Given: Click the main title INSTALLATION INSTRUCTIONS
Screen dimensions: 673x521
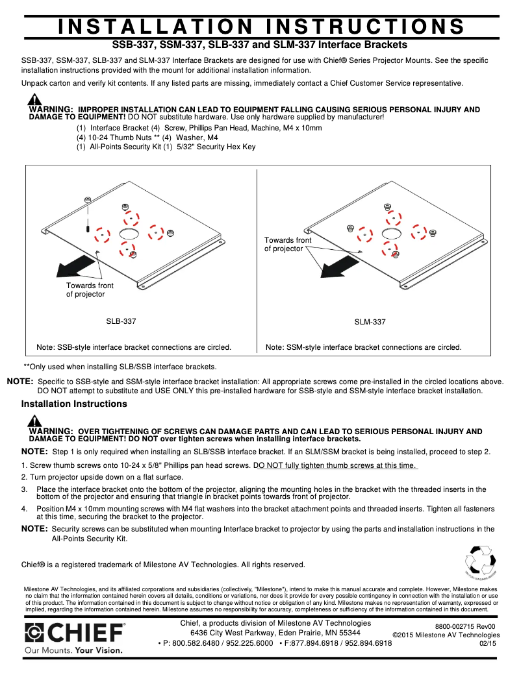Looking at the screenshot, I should [x=260, y=26].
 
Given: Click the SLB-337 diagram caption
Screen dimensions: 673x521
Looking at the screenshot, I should [x=121, y=321].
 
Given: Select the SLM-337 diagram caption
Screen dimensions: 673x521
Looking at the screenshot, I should [x=370, y=322].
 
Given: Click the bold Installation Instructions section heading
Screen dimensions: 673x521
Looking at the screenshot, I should [x=74, y=404].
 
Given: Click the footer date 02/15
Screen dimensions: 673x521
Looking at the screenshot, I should [x=488, y=643].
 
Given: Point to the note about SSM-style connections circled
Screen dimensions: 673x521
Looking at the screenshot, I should [x=363, y=347].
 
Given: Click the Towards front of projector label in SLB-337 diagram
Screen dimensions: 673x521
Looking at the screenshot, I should [x=89, y=290].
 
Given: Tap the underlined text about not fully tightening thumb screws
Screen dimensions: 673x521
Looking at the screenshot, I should [x=335, y=465].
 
